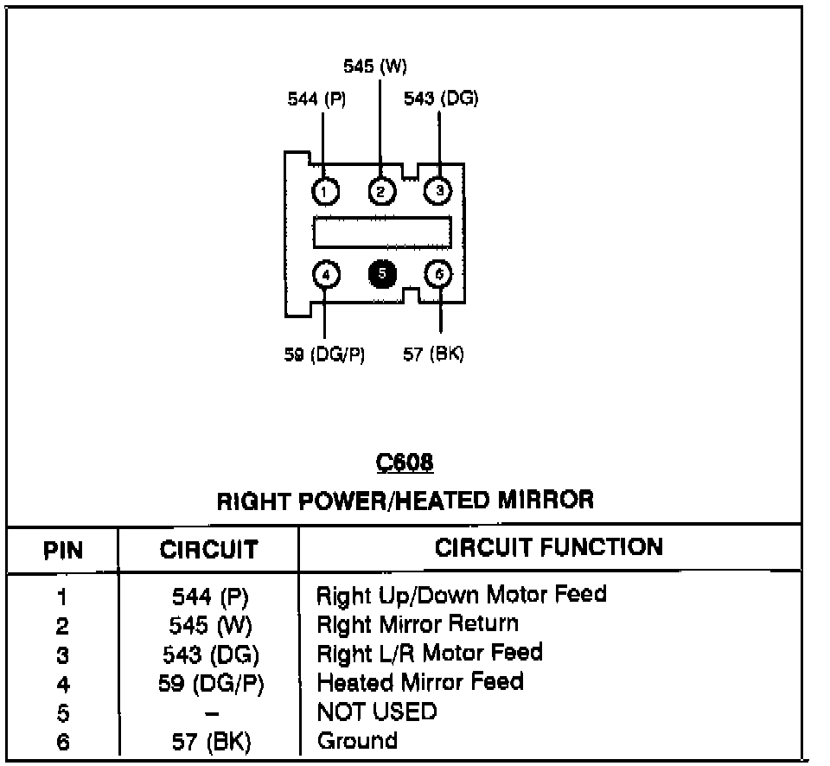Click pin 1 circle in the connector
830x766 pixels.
pos(325,190)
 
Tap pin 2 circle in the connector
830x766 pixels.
pos(381,190)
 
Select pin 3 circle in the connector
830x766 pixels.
pos(438,190)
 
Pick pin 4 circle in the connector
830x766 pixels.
pos(325,275)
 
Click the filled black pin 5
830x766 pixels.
pos(381,275)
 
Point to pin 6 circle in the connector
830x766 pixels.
pos(438,275)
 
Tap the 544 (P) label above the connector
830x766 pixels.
pos(316,99)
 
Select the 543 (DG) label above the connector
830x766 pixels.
pos(441,99)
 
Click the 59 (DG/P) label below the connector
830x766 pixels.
pos(324,354)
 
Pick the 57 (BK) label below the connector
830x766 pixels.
pos(433,354)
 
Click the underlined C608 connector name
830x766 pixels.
pos(405,463)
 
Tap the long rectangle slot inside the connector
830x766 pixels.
pos(382,232)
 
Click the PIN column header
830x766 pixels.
pos(62,550)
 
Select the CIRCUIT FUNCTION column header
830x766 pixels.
pos(549,547)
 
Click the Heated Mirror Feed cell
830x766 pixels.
pos(420,682)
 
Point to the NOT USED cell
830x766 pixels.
pos(377,712)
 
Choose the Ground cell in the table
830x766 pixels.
pos(357,741)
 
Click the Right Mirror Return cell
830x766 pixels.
pos(418,623)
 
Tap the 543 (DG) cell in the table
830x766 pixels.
pos(211,654)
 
